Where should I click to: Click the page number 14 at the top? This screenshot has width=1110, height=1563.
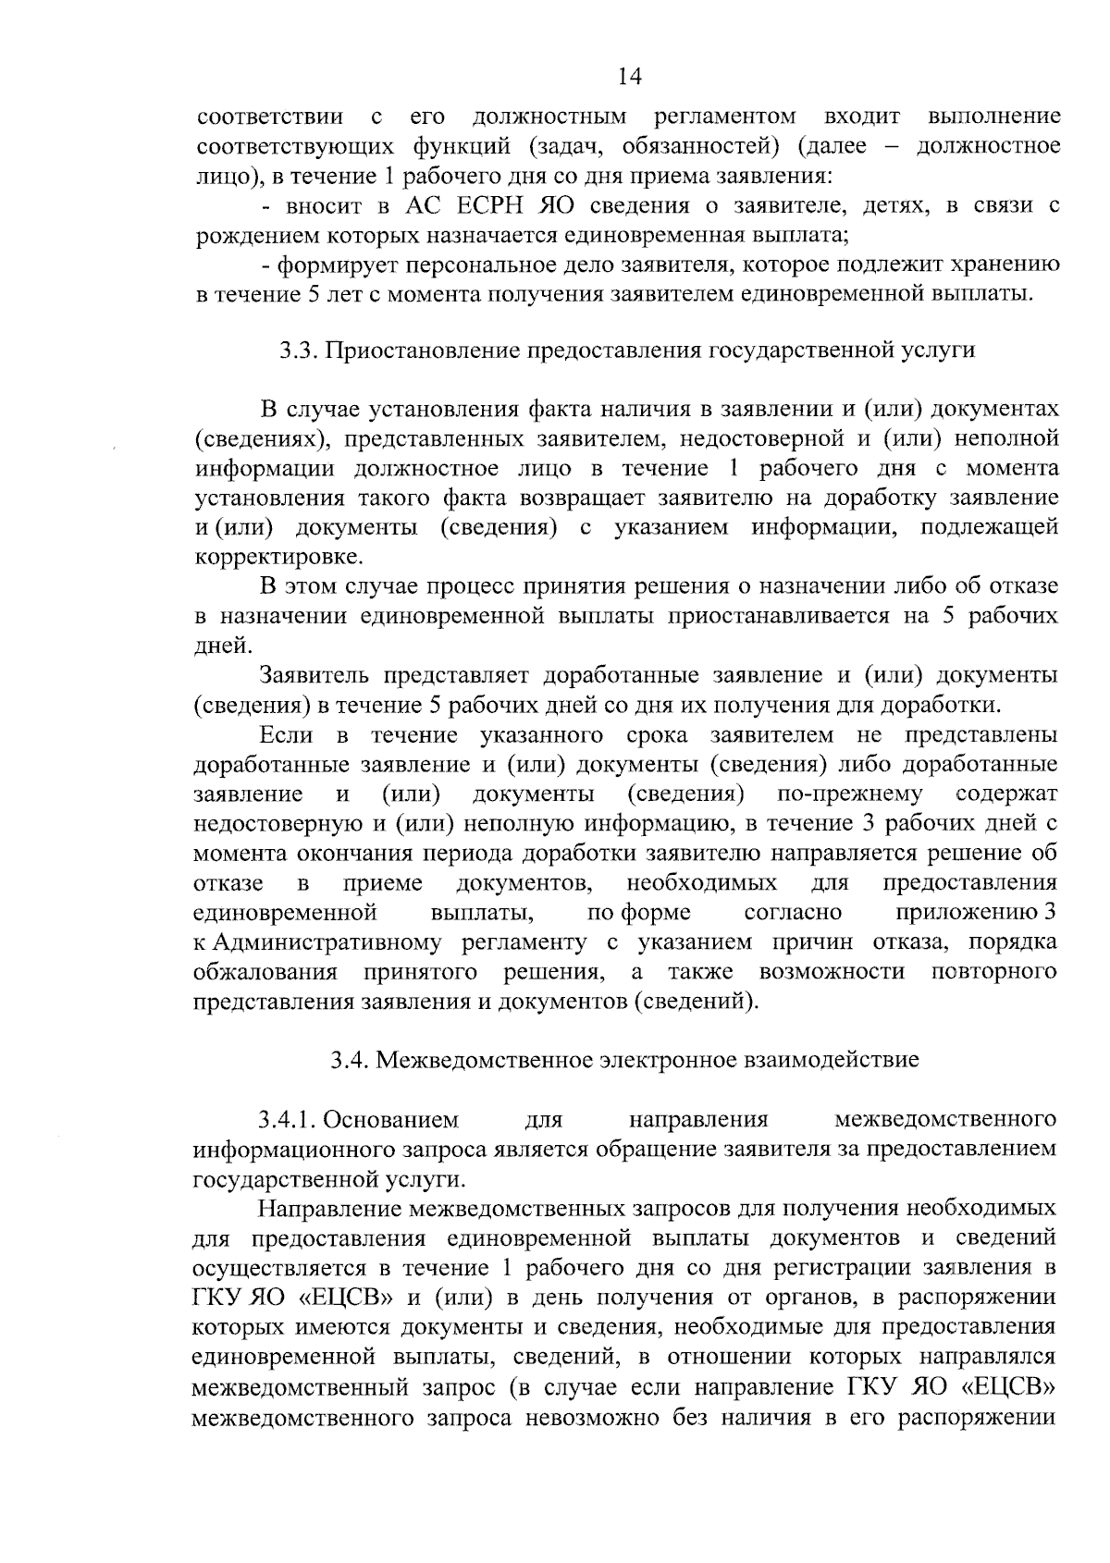tap(629, 77)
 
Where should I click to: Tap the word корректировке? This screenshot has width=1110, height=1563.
tap(278, 558)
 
